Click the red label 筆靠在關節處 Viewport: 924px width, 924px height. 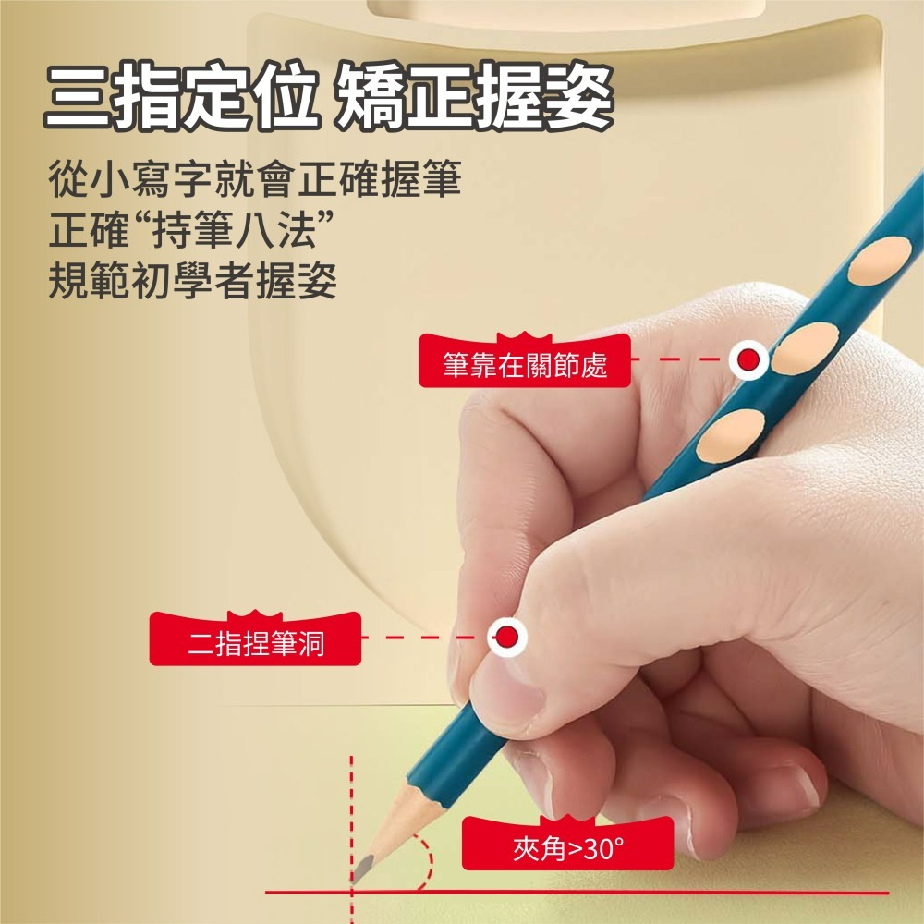point(525,365)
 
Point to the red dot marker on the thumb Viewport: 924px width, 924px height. point(506,636)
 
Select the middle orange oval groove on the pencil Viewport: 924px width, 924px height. point(803,348)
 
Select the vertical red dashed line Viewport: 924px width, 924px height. point(351,804)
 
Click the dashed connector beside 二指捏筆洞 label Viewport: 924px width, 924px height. point(420,637)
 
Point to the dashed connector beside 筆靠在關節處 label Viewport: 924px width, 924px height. point(679,359)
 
